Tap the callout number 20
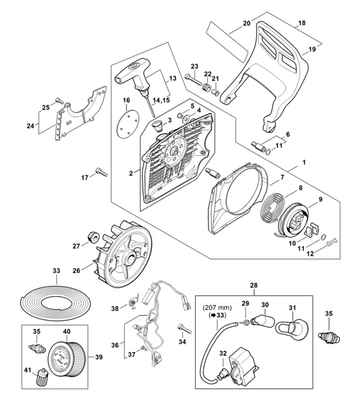point(246,23)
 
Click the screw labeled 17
point(101,172)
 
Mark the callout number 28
point(253,285)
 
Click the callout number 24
point(31,126)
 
